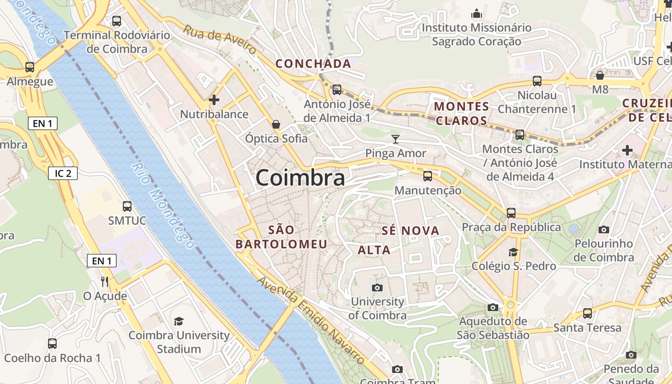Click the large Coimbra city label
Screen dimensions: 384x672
point(300,178)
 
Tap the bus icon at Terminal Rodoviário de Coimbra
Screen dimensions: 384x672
point(117,21)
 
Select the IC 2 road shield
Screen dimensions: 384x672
point(63,173)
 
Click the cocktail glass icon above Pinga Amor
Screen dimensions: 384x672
point(396,139)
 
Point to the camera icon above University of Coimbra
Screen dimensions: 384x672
point(377,288)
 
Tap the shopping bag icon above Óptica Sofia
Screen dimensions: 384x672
point(276,125)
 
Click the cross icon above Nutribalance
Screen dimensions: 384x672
point(214,100)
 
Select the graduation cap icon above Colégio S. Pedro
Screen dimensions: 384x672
point(513,252)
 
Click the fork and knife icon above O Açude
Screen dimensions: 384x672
point(105,281)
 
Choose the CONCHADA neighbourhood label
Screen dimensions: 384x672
point(313,63)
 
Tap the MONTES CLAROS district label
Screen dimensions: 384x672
point(461,113)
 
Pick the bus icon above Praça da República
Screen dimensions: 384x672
point(511,213)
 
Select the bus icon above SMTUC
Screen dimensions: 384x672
point(127,206)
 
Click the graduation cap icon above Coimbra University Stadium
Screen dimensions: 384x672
point(179,321)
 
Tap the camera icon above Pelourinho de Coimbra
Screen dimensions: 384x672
point(604,230)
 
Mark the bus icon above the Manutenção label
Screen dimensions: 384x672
point(428,176)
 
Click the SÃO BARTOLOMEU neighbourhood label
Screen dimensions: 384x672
point(281,237)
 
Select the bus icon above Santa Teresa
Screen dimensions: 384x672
point(588,313)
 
